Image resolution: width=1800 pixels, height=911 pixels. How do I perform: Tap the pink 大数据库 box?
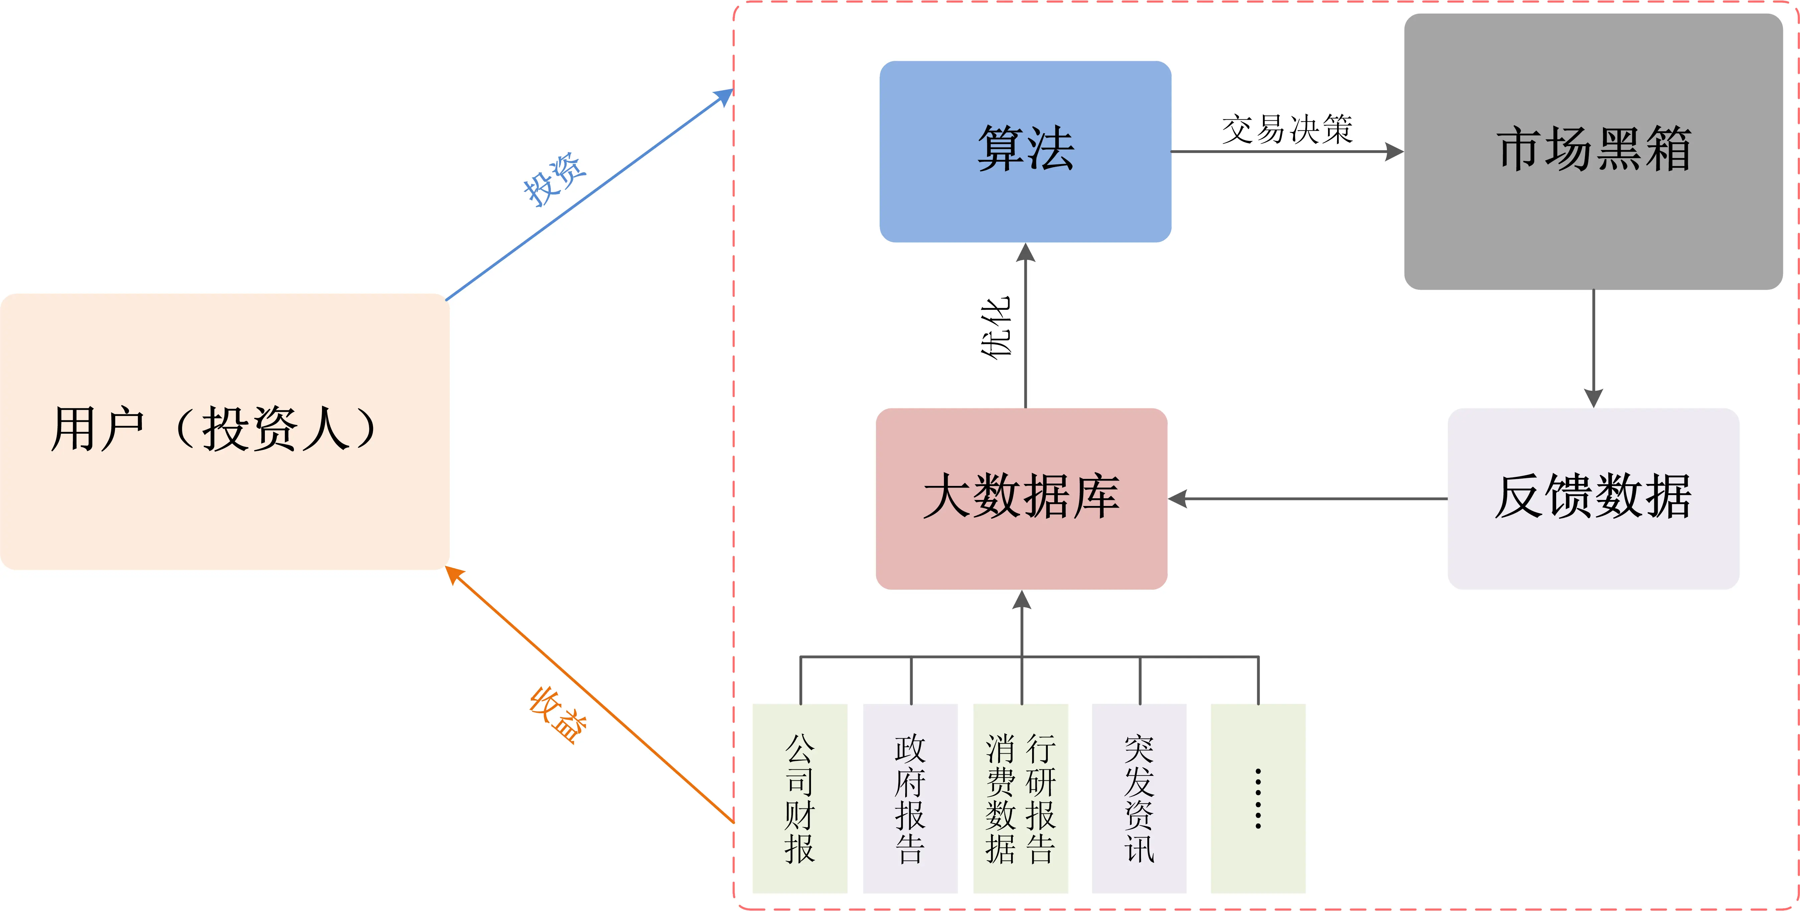click(1022, 499)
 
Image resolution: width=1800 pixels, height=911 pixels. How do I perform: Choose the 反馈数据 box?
click(1593, 499)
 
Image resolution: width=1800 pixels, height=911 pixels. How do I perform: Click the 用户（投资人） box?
click(224, 431)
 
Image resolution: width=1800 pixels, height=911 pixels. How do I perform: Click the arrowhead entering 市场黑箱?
click(1394, 152)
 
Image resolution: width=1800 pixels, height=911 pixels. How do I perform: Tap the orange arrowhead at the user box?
click(454, 575)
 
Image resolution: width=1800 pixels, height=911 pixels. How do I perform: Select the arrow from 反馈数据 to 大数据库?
click(1307, 499)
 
